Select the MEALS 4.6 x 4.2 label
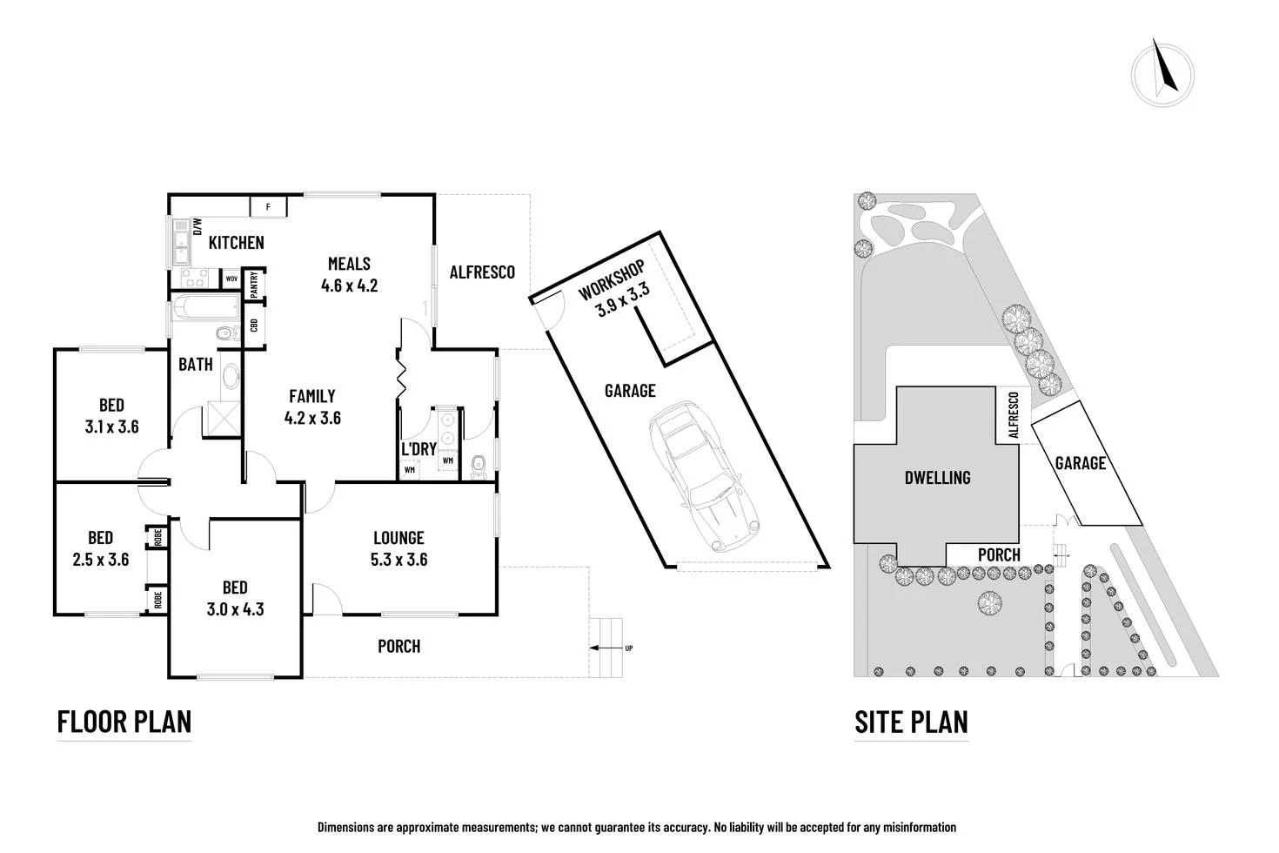click(349, 274)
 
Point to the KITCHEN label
click(236, 243)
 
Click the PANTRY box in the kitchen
click(253, 285)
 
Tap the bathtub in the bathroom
click(206, 309)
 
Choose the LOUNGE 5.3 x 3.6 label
click(398, 549)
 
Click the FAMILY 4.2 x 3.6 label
click(312, 407)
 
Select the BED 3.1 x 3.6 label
click(111, 415)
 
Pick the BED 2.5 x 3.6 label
click(100, 548)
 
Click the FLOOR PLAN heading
click(124, 722)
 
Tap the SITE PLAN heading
click(911, 722)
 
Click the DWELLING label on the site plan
click(937, 478)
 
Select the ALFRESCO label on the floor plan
click(482, 272)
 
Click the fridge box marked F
click(269, 207)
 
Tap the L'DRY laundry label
click(418, 449)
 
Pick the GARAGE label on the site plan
click(1080, 463)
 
